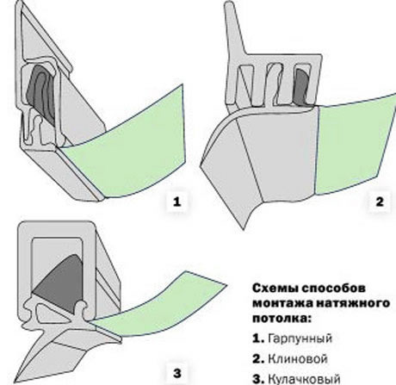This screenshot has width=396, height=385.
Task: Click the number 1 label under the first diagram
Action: click(x=177, y=202)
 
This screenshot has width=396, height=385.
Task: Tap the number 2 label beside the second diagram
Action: click(x=380, y=202)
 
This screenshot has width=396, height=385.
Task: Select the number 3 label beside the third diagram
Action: click(x=177, y=374)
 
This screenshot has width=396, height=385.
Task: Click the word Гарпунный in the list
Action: click(x=300, y=338)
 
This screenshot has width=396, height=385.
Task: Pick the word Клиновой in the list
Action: click(x=298, y=359)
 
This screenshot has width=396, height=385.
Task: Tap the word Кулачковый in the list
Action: click(x=304, y=379)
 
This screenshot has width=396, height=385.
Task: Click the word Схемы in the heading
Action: click(x=275, y=288)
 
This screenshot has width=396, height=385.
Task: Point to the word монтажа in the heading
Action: click(x=282, y=303)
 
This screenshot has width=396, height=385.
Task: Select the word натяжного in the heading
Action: click(x=352, y=304)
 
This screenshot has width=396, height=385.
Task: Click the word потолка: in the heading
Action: click(x=282, y=319)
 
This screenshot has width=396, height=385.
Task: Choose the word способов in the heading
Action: click(x=334, y=289)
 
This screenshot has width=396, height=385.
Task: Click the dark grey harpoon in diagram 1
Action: click(x=40, y=94)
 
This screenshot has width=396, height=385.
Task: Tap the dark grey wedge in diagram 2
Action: click(x=302, y=86)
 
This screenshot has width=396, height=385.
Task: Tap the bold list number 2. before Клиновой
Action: click(x=258, y=359)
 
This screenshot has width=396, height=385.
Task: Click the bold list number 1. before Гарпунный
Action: click(x=258, y=338)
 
